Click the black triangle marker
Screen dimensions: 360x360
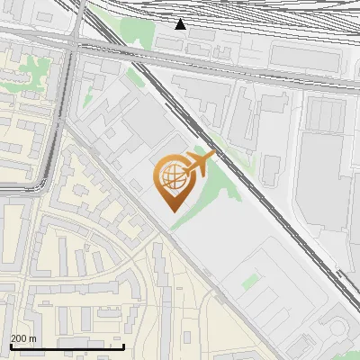(x=181, y=23)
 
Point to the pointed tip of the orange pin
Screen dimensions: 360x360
(x=172, y=211)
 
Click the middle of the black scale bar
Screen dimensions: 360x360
(x=67, y=346)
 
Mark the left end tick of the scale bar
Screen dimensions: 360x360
(x=11, y=346)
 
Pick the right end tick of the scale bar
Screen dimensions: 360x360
(x=123, y=346)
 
